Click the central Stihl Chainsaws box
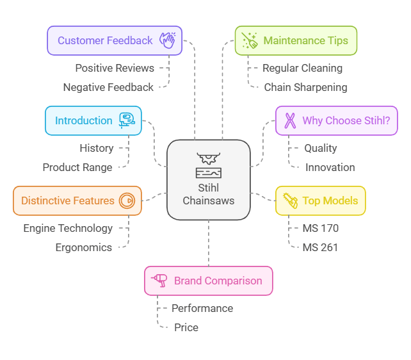[x=208, y=180]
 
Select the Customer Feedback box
[x=115, y=40]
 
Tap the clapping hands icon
[x=167, y=40]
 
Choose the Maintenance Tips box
[x=296, y=40]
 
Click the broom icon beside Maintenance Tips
[x=250, y=40]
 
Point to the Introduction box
[x=93, y=120]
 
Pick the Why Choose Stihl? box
[x=336, y=120]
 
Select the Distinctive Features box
[x=77, y=200]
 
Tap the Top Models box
[x=320, y=200]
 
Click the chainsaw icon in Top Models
[x=291, y=200]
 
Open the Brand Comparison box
[x=209, y=281]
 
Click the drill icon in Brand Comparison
[x=159, y=281]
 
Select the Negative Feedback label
[x=108, y=87]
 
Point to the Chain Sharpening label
[x=306, y=87]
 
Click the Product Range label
[x=77, y=167]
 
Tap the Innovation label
[x=330, y=167]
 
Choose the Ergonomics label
[x=83, y=247]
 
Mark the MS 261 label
[x=321, y=247]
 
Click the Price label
[x=186, y=327]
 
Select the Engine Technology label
[x=68, y=228]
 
